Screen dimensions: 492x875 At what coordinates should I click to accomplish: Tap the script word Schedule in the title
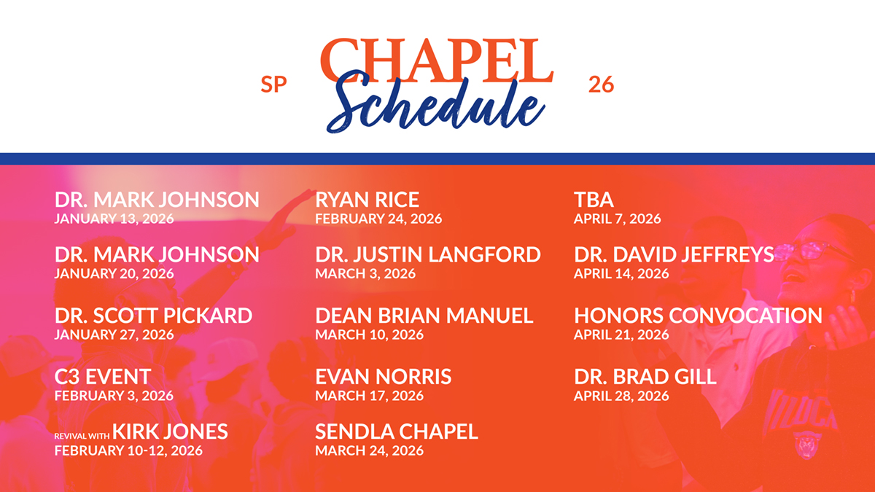(x=435, y=106)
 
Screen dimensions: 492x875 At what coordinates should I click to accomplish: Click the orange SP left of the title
(x=273, y=85)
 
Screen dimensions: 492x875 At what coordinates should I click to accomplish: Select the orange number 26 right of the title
(x=601, y=85)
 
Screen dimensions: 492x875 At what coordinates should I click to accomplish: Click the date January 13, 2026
(x=114, y=219)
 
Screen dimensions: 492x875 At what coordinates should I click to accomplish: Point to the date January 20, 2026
(x=114, y=273)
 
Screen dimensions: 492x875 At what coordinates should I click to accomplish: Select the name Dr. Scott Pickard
(x=153, y=316)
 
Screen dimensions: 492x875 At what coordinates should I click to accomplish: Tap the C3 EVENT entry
(x=103, y=377)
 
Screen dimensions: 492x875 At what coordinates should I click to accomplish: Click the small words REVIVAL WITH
(x=82, y=436)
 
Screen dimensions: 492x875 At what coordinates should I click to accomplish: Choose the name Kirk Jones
(x=170, y=431)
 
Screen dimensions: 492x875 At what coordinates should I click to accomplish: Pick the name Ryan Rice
(x=367, y=200)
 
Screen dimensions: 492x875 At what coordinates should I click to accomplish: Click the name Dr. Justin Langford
(x=428, y=254)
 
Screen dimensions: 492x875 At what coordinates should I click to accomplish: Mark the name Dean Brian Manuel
(x=424, y=316)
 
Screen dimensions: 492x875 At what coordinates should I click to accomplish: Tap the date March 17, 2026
(x=369, y=396)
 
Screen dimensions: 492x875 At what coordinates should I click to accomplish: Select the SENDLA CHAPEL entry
(x=396, y=431)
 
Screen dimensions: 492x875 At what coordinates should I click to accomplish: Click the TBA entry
(x=594, y=200)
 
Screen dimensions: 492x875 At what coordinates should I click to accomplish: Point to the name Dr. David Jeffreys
(x=674, y=254)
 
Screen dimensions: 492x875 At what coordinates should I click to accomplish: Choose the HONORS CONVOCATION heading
(x=698, y=316)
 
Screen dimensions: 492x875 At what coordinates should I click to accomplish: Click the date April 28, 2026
(x=621, y=396)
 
